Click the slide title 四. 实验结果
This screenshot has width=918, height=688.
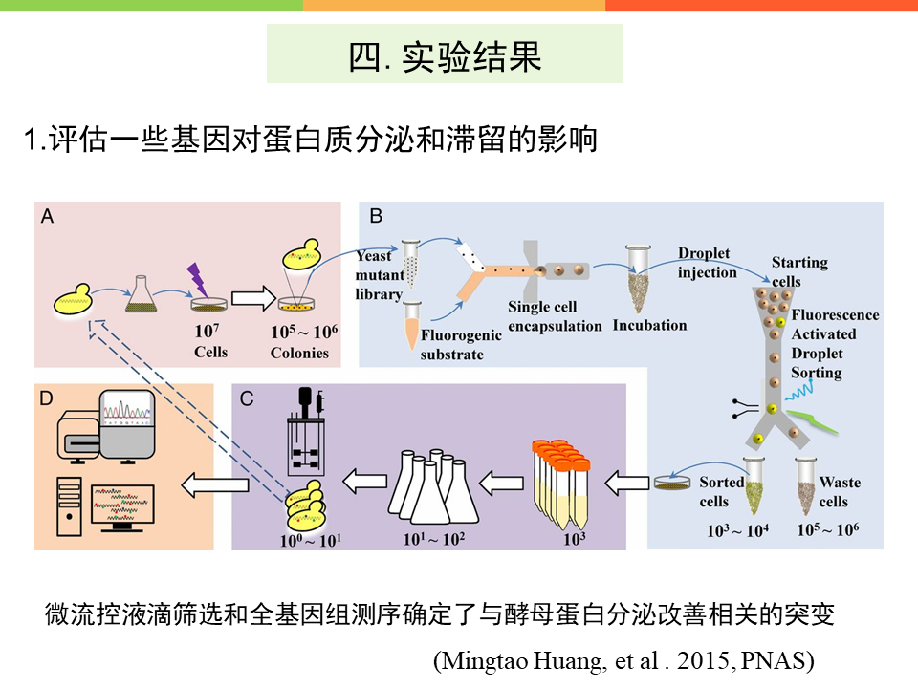pos(445,56)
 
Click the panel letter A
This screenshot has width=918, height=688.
pos(47,217)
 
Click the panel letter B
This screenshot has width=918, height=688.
pos(376,217)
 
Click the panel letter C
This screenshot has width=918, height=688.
pos(246,398)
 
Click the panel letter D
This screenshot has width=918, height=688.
pos(47,398)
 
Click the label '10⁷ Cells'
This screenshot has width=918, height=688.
pos(210,341)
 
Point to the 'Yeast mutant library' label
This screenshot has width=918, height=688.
pos(378,275)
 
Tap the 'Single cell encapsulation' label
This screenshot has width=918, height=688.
pos(556,316)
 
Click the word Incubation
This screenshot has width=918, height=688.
pos(650,325)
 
